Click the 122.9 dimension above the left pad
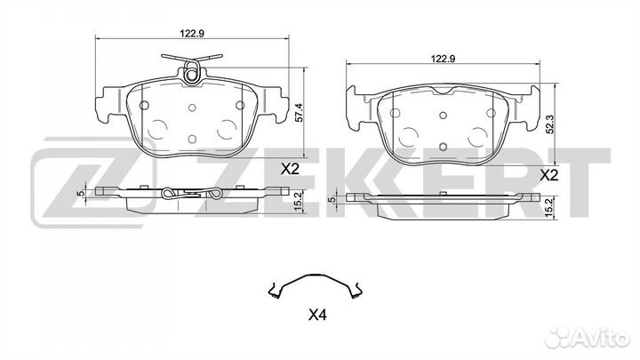click(192, 34)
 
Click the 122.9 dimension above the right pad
click(444, 59)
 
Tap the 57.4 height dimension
click(300, 112)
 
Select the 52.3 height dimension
click(550, 124)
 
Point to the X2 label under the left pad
click(290, 169)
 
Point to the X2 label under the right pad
click(548, 175)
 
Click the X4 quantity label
click(317, 315)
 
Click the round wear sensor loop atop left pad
click(191, 75)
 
